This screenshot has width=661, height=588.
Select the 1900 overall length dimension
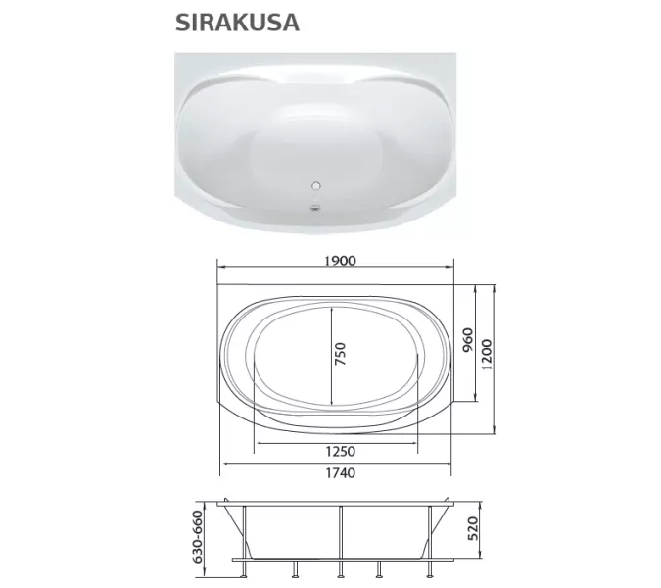[x=335, y=261]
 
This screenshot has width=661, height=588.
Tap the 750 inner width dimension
[x=341, y=355]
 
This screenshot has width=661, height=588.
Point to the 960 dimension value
[x=468, y=343]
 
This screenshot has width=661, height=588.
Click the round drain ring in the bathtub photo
[x=316, y=184]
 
